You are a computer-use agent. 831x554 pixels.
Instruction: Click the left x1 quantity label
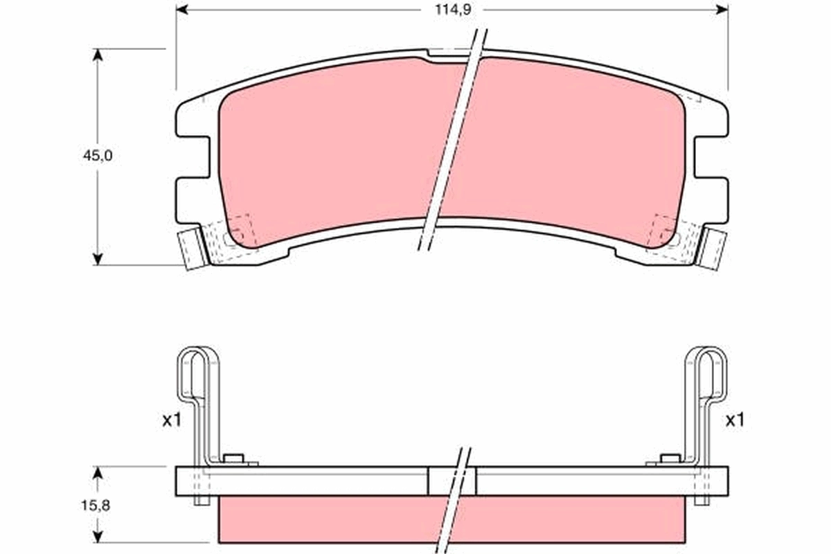[x=171, y=420]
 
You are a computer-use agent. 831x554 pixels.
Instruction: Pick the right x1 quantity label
[x=735, y=420]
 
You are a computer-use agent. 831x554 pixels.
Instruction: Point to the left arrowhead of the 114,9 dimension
[x=182, y=10]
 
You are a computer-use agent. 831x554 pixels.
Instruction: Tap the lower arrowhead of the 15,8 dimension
[x=98, y=536]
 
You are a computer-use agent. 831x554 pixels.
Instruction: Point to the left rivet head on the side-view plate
[x=235, y=458]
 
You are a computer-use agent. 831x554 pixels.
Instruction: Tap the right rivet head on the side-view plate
[x=668, y=458]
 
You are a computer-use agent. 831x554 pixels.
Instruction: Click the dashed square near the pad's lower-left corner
[x=240, y=229]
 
